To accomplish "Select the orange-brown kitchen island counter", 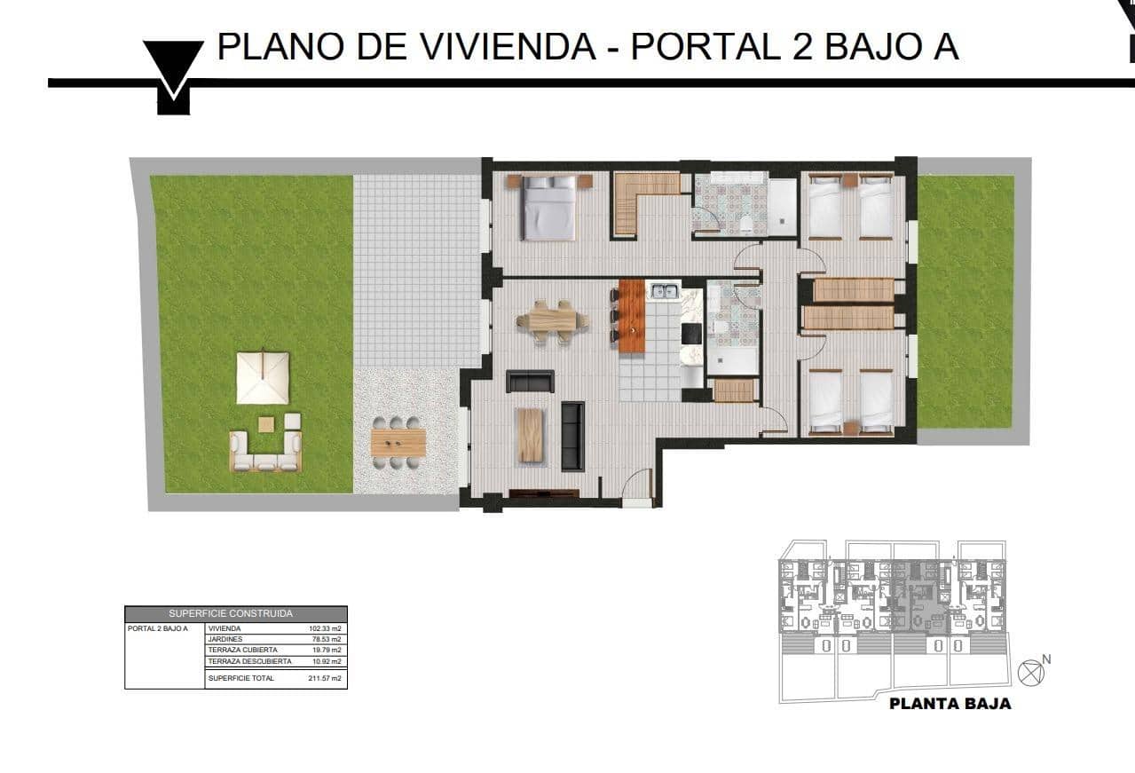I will coord(631,315).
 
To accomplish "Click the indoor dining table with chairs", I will coord(552,320).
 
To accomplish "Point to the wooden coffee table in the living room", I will coord(531,434).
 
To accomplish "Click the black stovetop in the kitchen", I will coord(691,333).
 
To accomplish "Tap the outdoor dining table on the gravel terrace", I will coord(398,441).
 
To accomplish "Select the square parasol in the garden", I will coord(263,377).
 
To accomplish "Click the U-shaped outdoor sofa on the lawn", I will coord(264,451).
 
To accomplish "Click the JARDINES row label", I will coord(225,639).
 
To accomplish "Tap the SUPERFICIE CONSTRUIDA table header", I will coord(235,613).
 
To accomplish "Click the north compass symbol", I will coord(1029,673).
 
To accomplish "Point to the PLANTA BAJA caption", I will coord(950,704).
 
